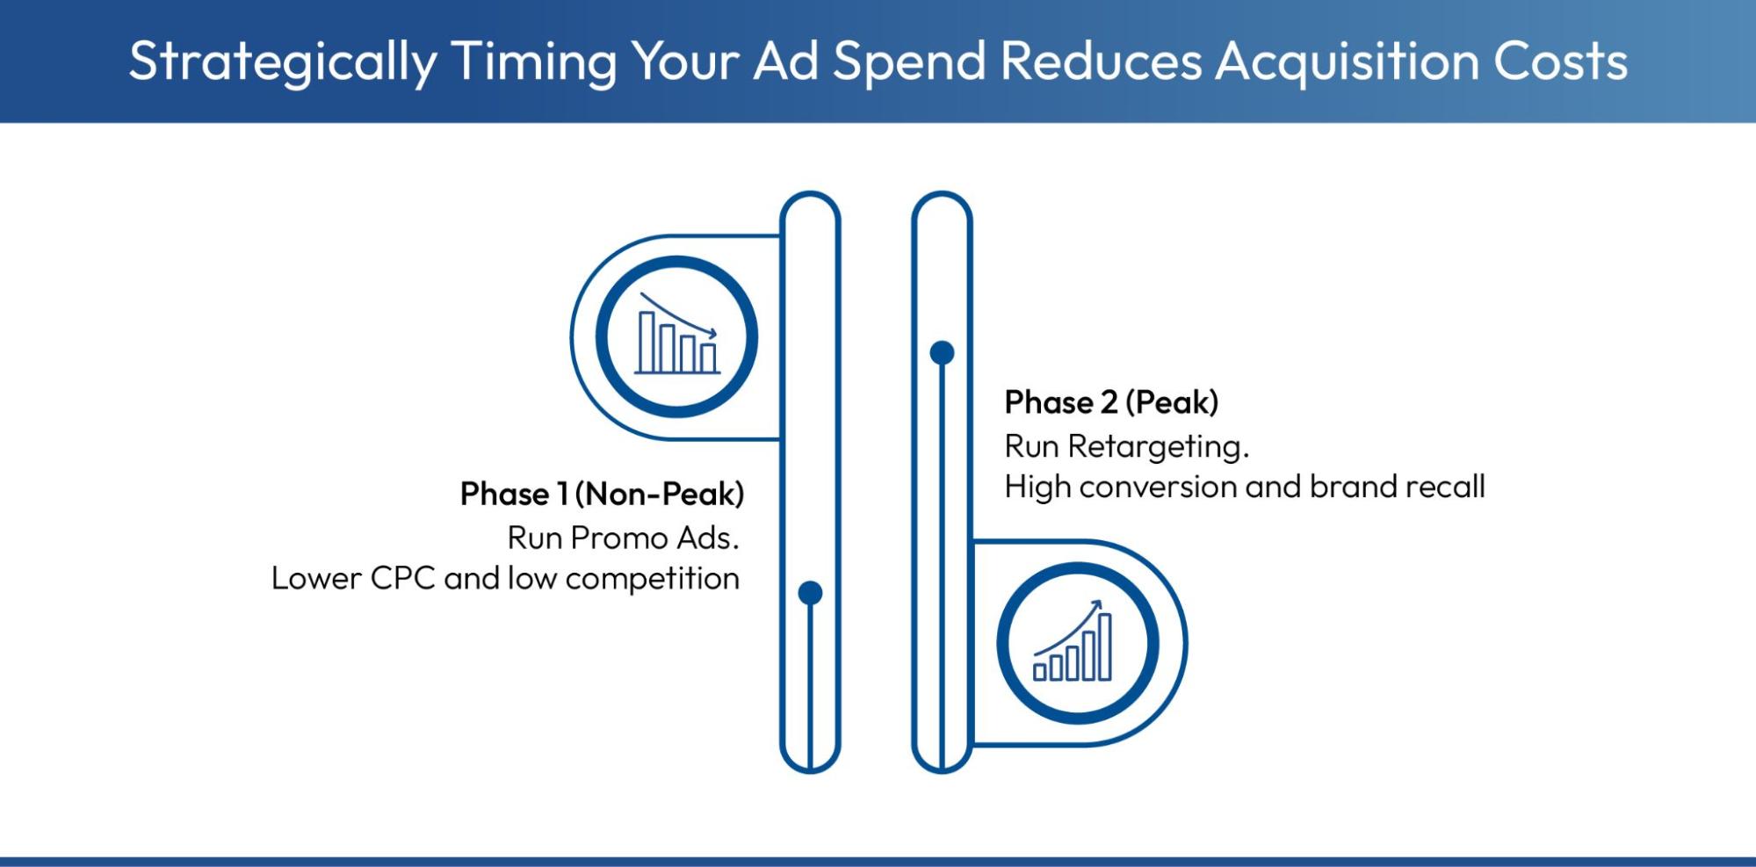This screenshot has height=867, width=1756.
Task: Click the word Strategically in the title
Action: (x=282, y=61)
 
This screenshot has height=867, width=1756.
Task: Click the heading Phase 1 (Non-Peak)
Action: (x=602, y=494)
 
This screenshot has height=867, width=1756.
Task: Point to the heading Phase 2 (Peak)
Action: (x=1111, y=402)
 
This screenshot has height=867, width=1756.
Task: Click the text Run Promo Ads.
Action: (x=623, y=538)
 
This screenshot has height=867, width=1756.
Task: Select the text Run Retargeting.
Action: (x=1126, y=447)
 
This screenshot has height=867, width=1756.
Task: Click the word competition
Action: (x=652, y=579)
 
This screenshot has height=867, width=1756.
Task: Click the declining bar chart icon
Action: (x=676, y=337)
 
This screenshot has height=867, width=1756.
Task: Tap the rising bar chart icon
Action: (x=1077, y=644)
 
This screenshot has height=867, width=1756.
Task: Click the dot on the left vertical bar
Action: (x=810, y=593)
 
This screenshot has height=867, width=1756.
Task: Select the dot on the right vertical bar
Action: (x=942, y=353)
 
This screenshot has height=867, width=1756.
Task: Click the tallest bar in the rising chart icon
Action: (x=1105, y=647)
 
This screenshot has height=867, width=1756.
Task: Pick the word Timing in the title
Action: (x=534, y=61)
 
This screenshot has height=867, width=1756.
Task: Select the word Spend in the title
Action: (x=909, y=61)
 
